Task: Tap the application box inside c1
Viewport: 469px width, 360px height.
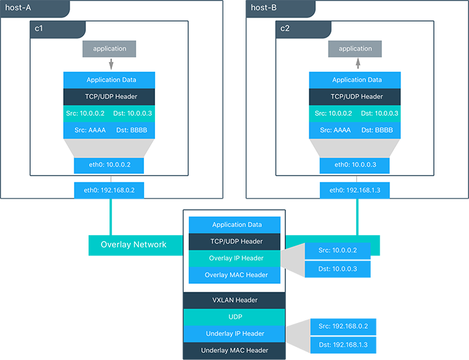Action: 109,49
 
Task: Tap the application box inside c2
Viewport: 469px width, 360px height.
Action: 355,49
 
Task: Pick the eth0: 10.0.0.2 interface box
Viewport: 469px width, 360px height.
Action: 109,165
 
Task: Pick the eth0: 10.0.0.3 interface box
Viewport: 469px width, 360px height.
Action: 355,165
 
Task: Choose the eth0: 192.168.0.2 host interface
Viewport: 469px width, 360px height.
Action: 109,191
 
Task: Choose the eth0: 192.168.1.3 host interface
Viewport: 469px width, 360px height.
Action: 355,191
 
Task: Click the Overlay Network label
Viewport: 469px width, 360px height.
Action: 134,245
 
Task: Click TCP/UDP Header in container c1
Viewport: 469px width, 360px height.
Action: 109,96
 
